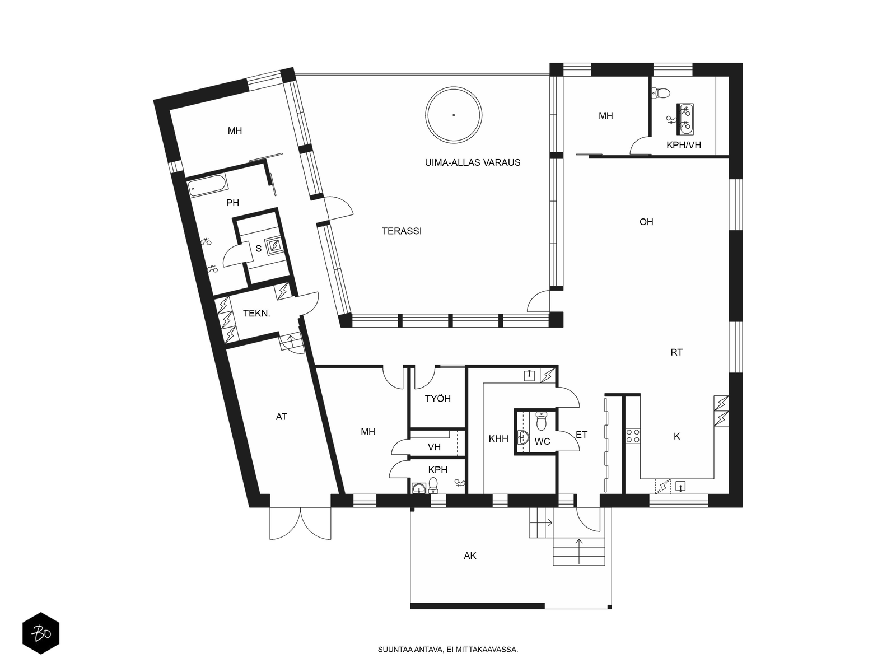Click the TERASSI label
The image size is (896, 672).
pos(402,231)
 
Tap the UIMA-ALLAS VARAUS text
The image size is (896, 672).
pos(473,162)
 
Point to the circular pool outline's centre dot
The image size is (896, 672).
pos(454,115)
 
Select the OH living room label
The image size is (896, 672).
pos(646,222)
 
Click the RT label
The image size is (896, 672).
pos(676,352)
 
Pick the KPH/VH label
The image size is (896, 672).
pos(684,145)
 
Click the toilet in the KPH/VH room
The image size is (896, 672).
pos(660,93)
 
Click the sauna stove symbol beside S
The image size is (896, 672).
pos(274,245)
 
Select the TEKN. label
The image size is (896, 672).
pos(256,314)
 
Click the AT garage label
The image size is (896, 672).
pos(281,417)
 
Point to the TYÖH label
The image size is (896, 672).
pos(437,399)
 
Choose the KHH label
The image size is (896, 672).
pos(498,438)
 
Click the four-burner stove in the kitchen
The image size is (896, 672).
pos(633,436)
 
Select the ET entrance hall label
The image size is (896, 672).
pos(582,435)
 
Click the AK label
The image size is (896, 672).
pos(470,556)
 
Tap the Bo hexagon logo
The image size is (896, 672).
pos(41,633)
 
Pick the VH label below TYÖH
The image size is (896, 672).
pos(435,447)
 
